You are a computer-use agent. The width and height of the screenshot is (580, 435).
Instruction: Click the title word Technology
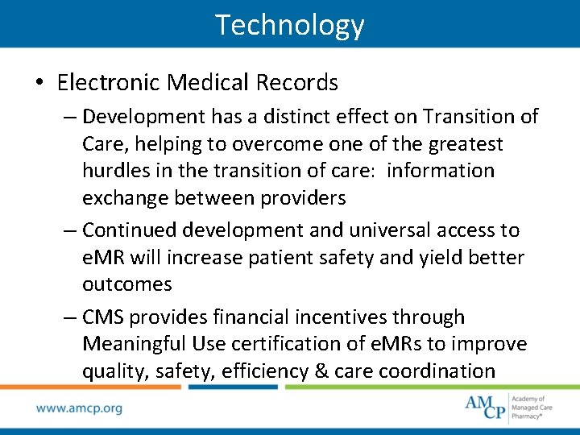290,25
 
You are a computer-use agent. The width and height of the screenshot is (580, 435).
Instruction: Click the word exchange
122,198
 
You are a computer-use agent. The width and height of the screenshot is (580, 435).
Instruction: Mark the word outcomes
126,284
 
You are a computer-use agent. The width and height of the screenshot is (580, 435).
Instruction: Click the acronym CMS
103,317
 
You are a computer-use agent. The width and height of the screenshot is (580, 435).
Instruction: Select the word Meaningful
134,344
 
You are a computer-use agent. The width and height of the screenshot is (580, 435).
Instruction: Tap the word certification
289,344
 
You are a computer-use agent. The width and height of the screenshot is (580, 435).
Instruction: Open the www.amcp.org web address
79,408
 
